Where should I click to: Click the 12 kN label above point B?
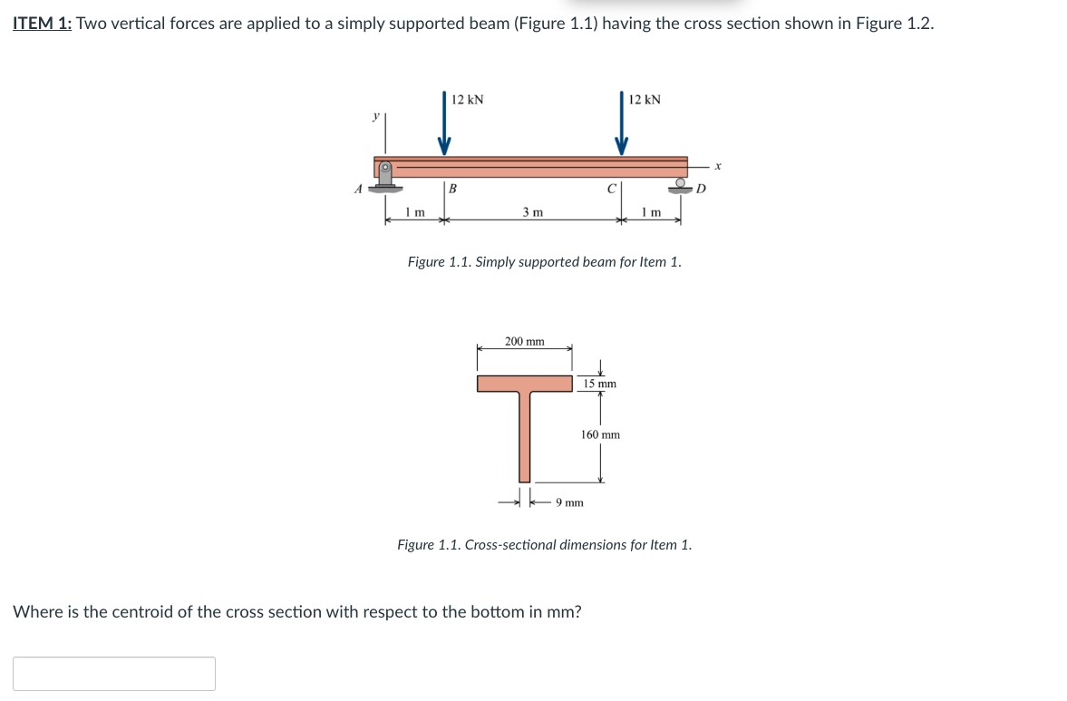pyautogui.click(x=467, y=100)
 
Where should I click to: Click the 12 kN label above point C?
pyautogui.click(x=645, y=100)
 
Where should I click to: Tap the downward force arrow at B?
pyautogui.click(x=444, y=127)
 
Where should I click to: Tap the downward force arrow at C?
pyautogui.click(x=622, y=127)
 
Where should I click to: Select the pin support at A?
pyautogui.click(x=386, y=176)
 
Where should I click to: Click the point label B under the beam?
pyautogui.click(x=452, y=190)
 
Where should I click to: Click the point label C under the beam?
pyautogui.click(x=612, y=190)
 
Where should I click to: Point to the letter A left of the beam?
pyautogui.click(x=359, y=189)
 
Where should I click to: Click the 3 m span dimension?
pyautogui.click(x=532, y=212)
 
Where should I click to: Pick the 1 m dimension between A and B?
pyautogui.click(x=415, y=212)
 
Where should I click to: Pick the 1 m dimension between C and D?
pyautogui.click(x=650, y=212)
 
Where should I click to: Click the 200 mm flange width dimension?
pyautogui.click(x=525, y=342)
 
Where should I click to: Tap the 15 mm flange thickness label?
pyautogui.click(x=600, y=384)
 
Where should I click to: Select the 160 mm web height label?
pyautogui.click(x=600, y=434)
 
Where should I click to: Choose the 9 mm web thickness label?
pyautogui.click(x=569, y=501)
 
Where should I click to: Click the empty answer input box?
pyautogui.click(x=114, y=674)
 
